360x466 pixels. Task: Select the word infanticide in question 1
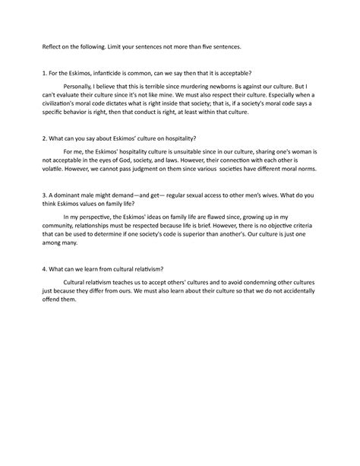coord(103,73)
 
